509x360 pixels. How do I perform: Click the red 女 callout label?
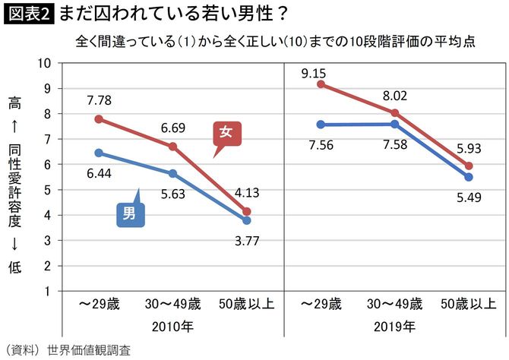(225, 132)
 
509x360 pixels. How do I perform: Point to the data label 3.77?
(246, 242)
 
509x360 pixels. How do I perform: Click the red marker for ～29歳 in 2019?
(322, 84)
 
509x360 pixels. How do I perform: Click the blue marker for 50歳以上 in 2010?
(246, 220)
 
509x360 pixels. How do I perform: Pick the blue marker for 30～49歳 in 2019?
(396, 124)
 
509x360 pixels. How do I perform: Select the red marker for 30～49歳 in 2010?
(172, 147)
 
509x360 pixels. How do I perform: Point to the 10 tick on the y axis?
(44, 63)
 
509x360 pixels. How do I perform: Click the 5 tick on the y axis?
(47, 189)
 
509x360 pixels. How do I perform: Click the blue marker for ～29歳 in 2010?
(99, 153)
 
